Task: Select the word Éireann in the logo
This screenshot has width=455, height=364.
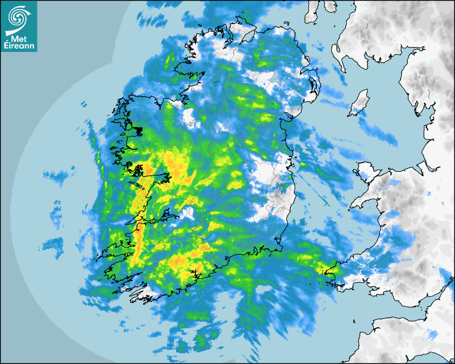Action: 18,46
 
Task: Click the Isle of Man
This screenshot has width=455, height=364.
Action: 359,103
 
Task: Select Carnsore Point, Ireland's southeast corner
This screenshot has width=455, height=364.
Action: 280,249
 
